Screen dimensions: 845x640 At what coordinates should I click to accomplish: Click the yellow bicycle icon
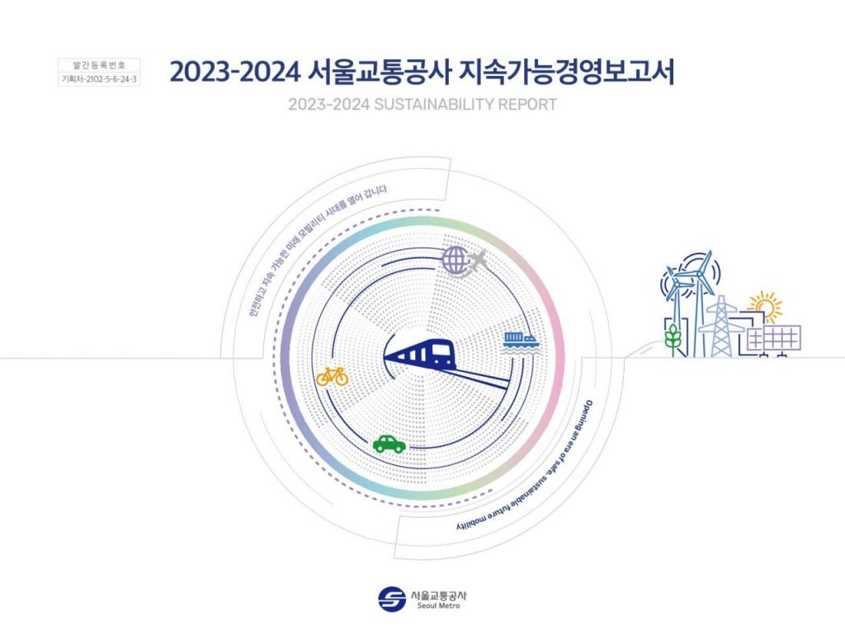pos(333,377)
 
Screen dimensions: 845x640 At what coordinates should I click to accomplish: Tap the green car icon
pos(389,444)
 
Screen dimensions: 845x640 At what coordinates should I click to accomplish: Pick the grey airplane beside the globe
pos(478,262)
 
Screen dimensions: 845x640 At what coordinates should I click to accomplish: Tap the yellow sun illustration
pos(765,307)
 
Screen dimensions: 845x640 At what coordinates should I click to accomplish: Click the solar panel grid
pos(773,338)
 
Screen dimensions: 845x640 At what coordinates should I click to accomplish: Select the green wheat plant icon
pos(673,339)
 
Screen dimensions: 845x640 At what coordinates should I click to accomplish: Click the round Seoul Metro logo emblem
pos(392,599)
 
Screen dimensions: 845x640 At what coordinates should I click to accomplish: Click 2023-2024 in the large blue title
pos(235,73)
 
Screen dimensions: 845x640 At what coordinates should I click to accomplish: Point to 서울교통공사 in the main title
pos(378,73)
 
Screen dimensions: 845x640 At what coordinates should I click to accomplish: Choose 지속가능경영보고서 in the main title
pos(566,73)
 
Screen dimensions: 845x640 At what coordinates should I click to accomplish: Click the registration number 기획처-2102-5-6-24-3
pos(99,79)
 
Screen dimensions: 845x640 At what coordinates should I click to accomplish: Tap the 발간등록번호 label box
pos(99,65)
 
